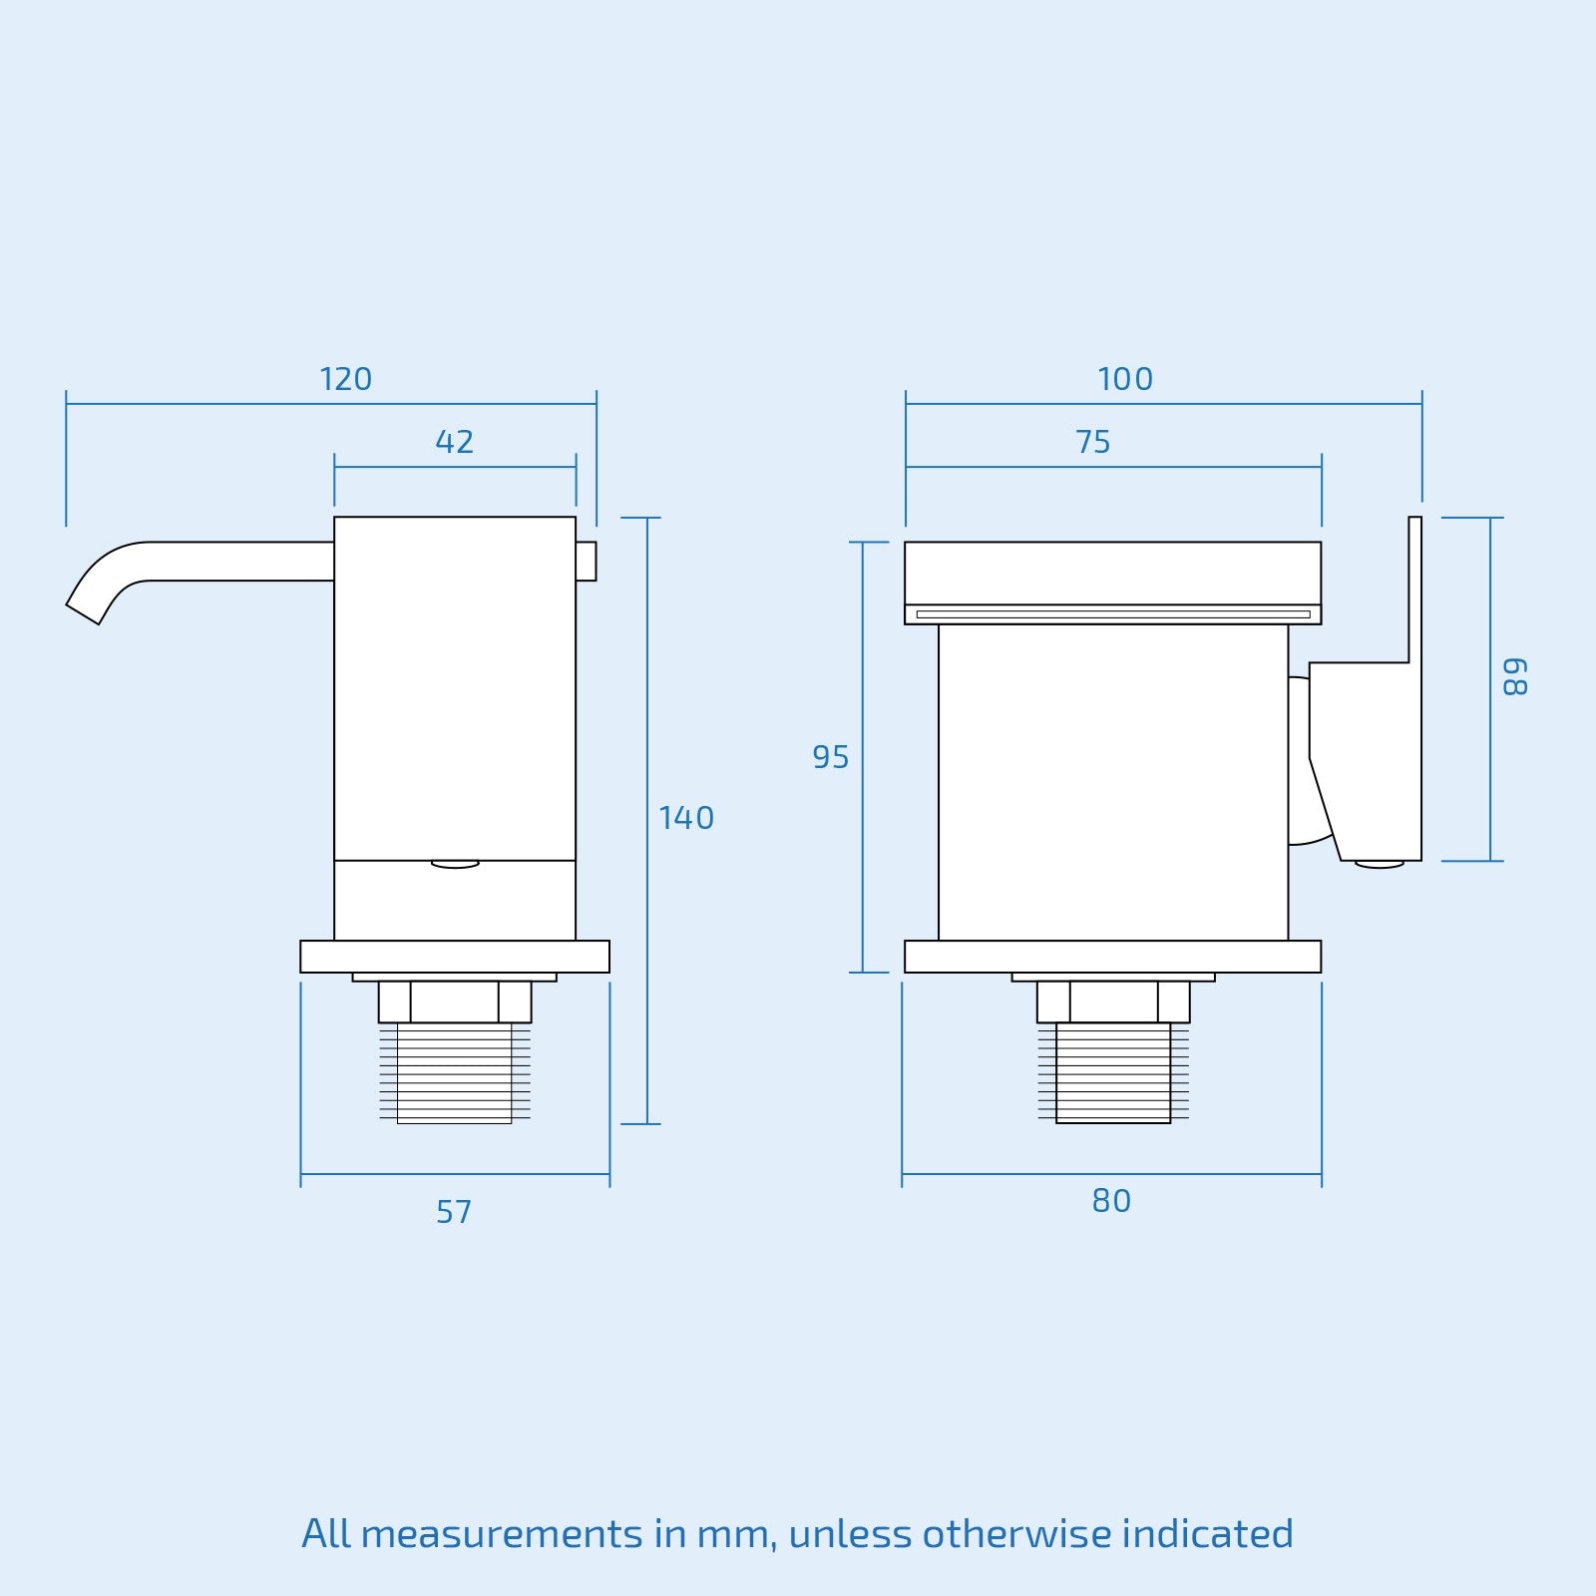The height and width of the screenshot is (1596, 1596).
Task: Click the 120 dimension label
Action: click(345, 379)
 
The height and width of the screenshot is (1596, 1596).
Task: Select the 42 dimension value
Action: click(454, 442)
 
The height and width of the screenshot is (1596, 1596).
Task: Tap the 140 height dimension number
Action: click(686, 818)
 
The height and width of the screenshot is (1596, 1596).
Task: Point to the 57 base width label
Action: click(454, 1212)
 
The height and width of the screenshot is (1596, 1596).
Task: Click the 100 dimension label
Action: click(1125, 379)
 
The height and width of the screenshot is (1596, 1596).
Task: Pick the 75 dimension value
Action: click(1093, 442)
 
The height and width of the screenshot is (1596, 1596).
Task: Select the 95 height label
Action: click(830, 757)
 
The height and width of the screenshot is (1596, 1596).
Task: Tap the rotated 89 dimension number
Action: click(1514, 677)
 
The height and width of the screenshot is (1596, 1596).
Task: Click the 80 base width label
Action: click(1111, 1201)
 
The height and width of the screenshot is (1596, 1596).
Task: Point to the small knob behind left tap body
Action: click(587, 561)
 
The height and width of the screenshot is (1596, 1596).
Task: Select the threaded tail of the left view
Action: click(455, 1073)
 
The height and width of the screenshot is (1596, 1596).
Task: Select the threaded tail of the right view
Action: click(1113, 1073)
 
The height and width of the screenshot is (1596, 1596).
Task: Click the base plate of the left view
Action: click(455, 957)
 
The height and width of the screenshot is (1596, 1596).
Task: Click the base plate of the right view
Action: click(1112, 957)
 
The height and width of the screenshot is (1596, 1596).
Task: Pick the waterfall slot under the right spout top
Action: click(1112, 614)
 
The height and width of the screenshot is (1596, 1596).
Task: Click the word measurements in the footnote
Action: click(502, 1534)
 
